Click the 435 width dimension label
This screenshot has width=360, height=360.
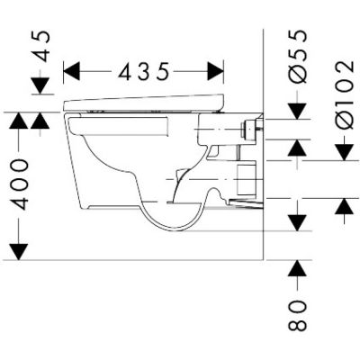coord(144,70)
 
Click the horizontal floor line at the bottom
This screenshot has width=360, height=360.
coord(135,260)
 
